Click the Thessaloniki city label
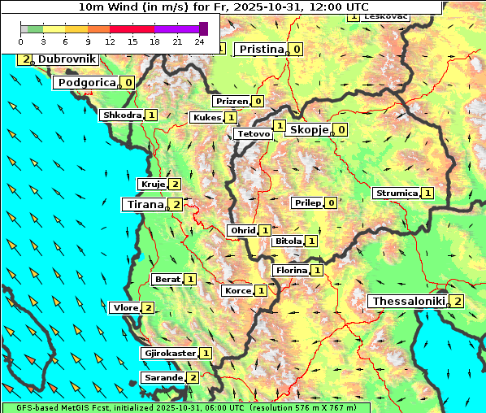[408, 302]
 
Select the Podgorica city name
[87, 82]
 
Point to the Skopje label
[309, 129]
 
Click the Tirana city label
[143, 204]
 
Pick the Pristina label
[261, 49]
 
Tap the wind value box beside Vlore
[148, 307]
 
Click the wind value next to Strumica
[427, 193]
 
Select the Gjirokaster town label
[169, 353]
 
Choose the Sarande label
[163, 377]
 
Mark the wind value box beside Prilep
[331, 202]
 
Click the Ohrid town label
[242, 231]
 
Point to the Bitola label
[288, 241]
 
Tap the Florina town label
[291, 270]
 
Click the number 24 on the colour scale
[200, 41]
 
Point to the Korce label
[237, 290]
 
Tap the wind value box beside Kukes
[231, 117]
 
